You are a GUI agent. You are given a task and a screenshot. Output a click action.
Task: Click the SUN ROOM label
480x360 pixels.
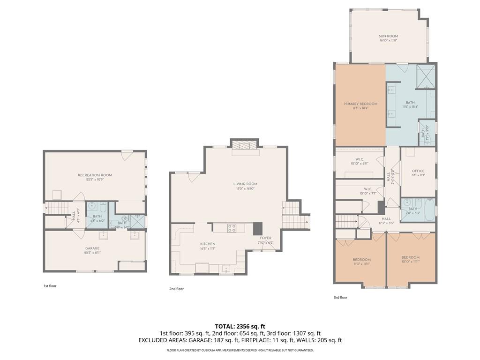388,36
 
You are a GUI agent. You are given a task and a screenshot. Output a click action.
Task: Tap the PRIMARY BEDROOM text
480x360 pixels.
360,104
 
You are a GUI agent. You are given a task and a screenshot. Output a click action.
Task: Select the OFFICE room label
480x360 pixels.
418,171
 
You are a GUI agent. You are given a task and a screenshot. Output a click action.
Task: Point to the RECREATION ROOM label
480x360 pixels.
95,175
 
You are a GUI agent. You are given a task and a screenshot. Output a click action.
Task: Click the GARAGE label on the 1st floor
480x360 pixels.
92,248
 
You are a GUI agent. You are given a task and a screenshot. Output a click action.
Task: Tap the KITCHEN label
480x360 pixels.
208,244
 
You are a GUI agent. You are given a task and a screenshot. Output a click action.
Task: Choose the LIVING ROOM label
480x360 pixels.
245,184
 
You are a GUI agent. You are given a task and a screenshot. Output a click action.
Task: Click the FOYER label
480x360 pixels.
265,238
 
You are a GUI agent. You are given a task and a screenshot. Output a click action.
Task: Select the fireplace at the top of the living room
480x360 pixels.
245,146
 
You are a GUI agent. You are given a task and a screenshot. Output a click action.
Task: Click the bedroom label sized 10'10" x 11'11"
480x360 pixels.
410,257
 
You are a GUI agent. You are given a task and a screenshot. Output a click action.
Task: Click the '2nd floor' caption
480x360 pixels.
176,289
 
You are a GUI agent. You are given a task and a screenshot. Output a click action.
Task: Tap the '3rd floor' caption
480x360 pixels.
340,297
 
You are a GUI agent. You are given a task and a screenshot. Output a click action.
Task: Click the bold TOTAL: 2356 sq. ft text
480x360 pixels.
240,326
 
